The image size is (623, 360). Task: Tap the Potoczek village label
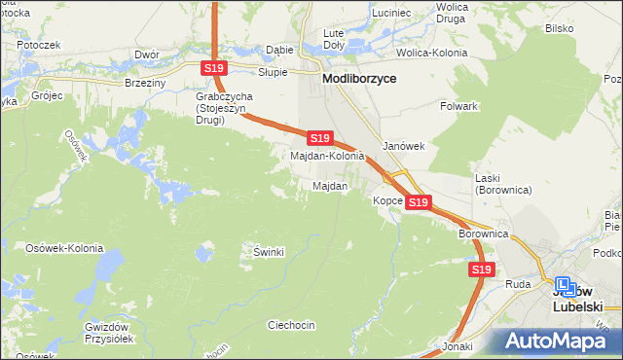[x=38, y=45]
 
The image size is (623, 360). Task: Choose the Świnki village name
[x=268, y=253]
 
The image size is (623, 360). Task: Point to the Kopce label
[x=386, y=201]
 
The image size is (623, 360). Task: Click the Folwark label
[x=458, y=105]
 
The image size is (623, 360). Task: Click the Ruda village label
[x=518, y=285]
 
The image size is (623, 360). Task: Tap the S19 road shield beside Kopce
[x=418, y=202]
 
